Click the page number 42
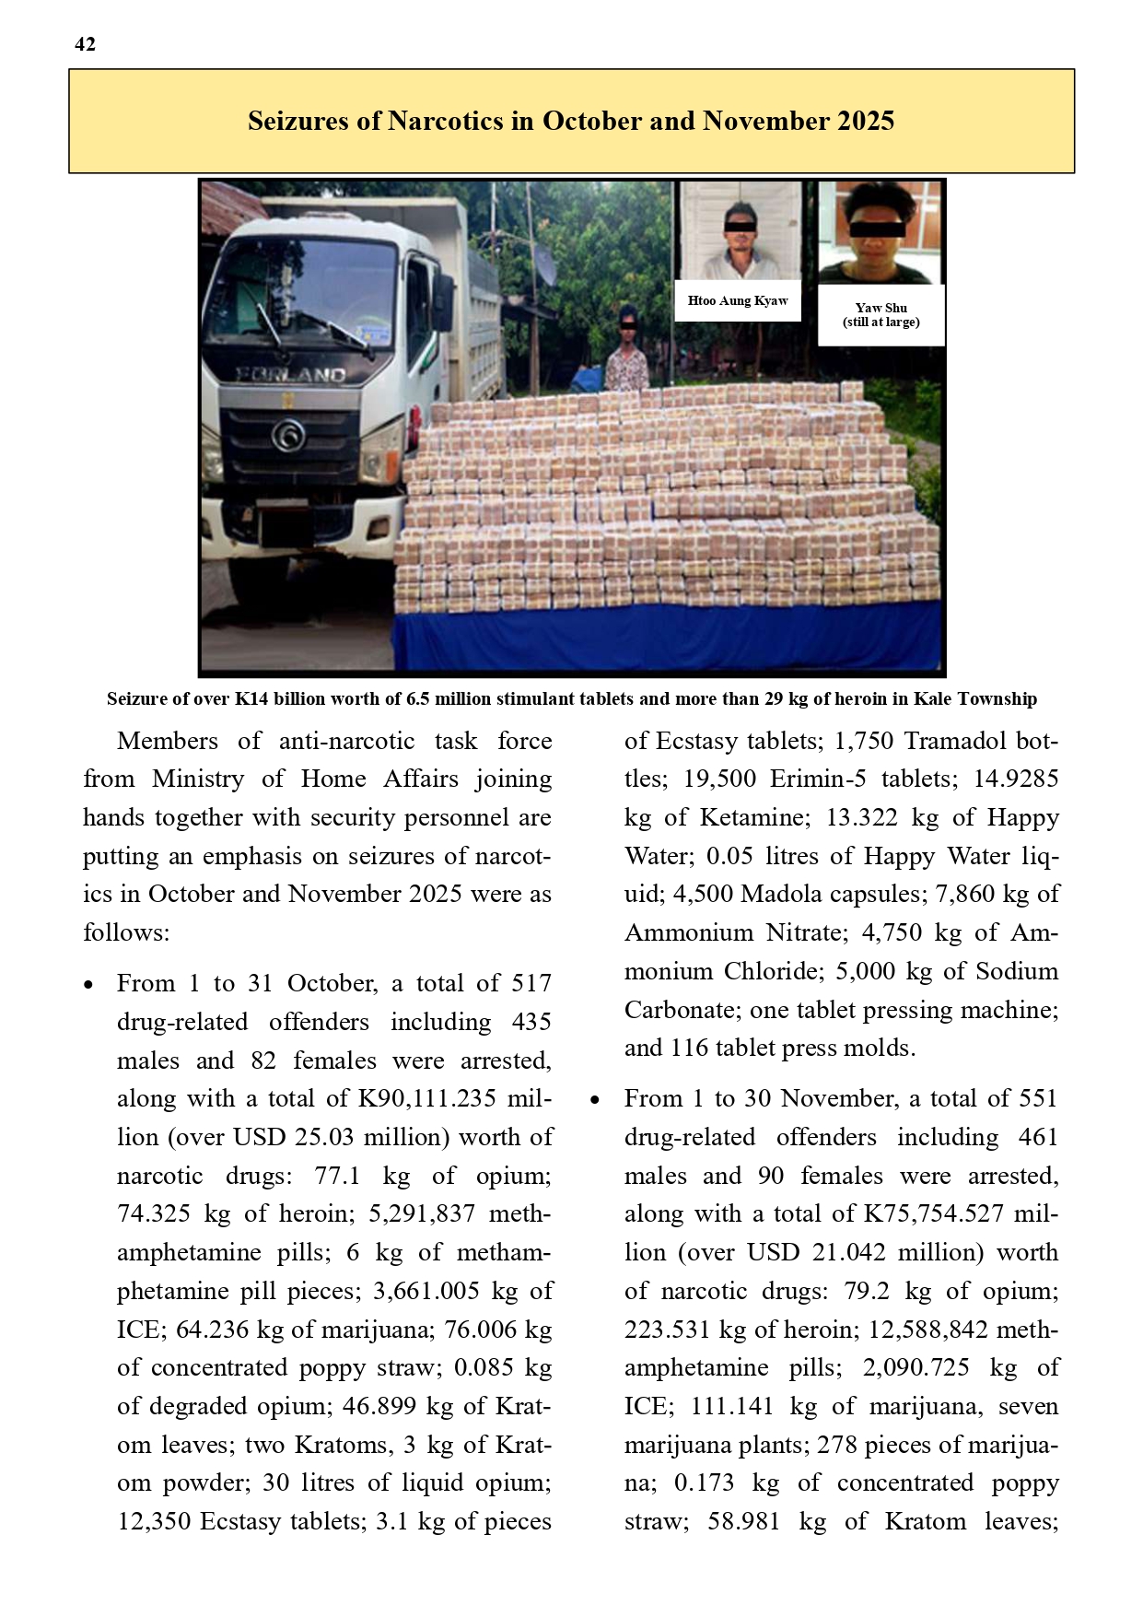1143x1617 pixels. pyautogui.click(x=85, y=44)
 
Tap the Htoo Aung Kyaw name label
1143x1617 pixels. pyautogui.click(x=738, y=300)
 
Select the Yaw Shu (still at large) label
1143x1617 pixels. pyautogui.click(x=881, y=315)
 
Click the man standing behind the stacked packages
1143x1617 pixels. pyautogui.click(x=626, y=355)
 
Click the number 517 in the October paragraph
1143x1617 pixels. pyautogui.click(x=531, y=984)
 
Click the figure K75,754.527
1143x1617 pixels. pyautogui.click(x=933, y=1214)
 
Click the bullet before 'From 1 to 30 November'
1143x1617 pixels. pyautogui.click(x=595, y=1100)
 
